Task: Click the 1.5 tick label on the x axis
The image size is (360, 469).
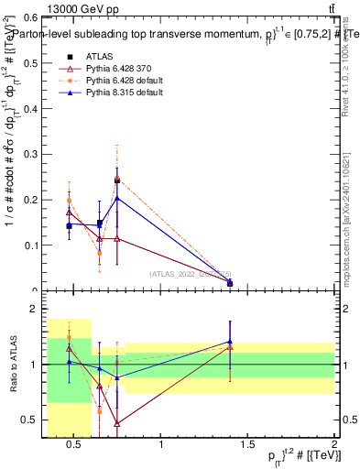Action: [247, 445]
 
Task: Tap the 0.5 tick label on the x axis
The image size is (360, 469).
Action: [76, 445]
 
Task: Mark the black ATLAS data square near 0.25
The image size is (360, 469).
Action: [116, 180]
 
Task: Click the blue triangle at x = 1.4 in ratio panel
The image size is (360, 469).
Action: [230, 342]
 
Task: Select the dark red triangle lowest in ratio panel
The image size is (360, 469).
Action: [116, 423]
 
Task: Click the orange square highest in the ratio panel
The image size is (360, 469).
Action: [69, 337]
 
